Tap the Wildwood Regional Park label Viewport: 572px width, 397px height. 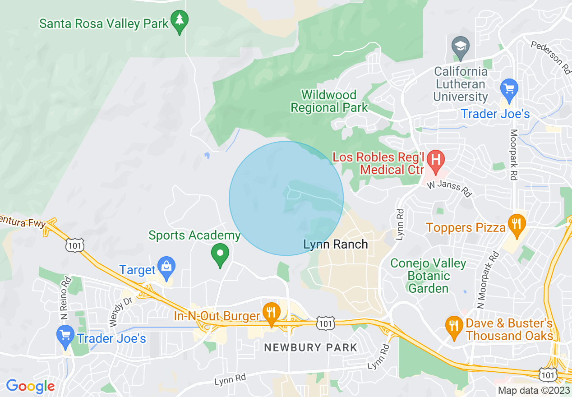click(x=329, y=102)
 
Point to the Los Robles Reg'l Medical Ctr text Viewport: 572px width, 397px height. click(x=378, y=164)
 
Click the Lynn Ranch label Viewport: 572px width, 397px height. click(x=336, y=245)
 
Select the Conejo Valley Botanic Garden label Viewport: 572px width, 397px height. click(x=428, y=276)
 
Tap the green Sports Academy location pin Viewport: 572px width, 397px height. click(x=220, y=254)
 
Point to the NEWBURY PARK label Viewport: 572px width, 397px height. click(x=310, y=348)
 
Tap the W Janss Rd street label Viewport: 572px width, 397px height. click(x=449, y=189)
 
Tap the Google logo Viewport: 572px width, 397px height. click(x=30, y=386)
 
